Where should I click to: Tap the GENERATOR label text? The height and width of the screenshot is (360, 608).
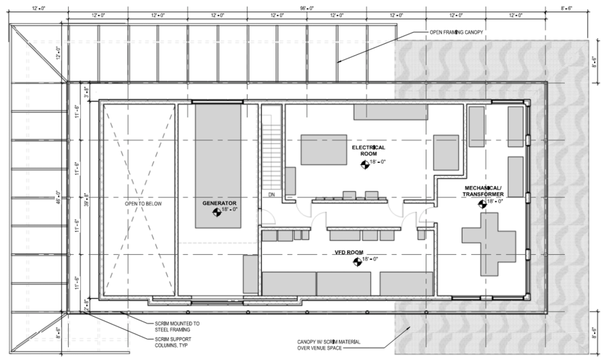click(219, 202)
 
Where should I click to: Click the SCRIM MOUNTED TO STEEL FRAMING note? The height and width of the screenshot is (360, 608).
click(177, 326)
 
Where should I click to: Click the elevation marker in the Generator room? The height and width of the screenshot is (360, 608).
click(215, 212)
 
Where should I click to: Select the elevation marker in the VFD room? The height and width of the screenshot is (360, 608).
click(356, 262)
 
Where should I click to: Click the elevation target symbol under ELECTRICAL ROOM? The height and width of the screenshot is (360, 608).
click(365, 164)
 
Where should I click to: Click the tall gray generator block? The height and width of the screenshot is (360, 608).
click(219, 164)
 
